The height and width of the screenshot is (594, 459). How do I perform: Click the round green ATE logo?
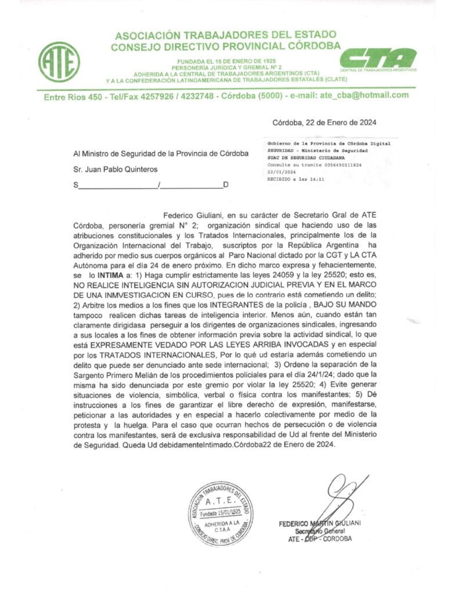click(x=59, y=61)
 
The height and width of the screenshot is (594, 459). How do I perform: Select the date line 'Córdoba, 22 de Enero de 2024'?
click(x=324, y=122)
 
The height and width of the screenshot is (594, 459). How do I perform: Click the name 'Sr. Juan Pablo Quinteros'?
click(x=115, y=169)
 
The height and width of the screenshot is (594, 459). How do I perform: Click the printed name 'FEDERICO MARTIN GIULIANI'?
click(x=320, y=523)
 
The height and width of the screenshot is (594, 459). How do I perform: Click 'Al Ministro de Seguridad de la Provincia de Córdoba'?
click(x=161, y=154)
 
